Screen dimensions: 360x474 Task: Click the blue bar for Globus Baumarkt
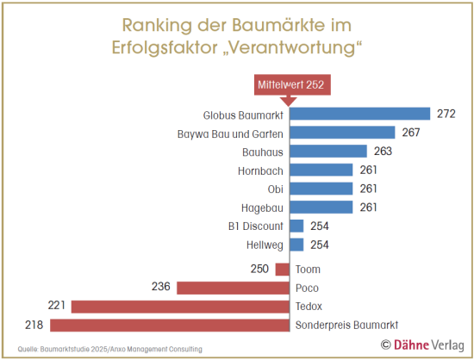pyautogui.click(x=359, y=114)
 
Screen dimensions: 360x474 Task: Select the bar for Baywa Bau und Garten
pyautogui.click(x=342, y=133)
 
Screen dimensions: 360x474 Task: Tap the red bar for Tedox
pyautogui.click(x=179, y=306)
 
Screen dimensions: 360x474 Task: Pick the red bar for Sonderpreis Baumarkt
pyautogui.click(x=169, y=325)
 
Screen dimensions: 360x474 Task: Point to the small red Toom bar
pyautogui.click(x=282, y=269)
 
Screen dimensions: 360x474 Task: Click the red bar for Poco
pyautogui.click(x=233, y=288)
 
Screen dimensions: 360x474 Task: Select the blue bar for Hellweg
pyautogui.click(x=296, y=245)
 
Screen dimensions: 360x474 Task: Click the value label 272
pyautogui.click(x=446, y=114)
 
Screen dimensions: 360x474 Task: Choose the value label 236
pyautogui.click(x=161, y=288)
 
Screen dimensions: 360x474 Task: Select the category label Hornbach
pyautogui.click(x=260, y=171)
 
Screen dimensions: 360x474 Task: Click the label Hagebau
pyautogui.click(x=262, y=208)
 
